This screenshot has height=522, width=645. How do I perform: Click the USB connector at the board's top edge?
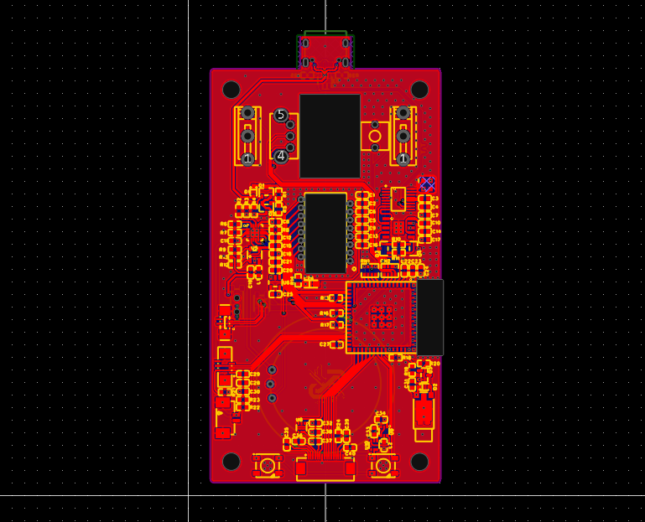[x=325, y=52]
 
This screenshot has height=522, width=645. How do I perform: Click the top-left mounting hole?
[x=231, y=90]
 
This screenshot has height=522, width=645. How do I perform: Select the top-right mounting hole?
[x=419, y=90]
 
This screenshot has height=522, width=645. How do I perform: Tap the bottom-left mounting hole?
[x=231, y=462]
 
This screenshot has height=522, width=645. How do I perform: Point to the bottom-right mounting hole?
[x=419, y=462]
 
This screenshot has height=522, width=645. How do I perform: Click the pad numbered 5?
[x=281, y=116]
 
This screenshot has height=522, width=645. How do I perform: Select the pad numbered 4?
[x=281, y=156]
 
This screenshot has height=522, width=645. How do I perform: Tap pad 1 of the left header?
[x=247, y=158]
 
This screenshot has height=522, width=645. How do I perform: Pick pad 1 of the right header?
[x=403, y=158]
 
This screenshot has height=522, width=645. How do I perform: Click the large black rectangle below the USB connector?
[x=330, y=136]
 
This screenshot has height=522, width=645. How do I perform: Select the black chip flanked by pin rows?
[x=325, y=232]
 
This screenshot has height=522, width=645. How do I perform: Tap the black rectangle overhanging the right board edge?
[x=430, y=318]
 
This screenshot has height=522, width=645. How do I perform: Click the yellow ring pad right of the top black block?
[x=375, y=136]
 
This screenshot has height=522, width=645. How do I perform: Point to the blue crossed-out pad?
[x=427, y=183]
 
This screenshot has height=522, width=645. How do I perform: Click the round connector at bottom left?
[x=268, y=466]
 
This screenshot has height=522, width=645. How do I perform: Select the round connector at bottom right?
[x=383, y=466]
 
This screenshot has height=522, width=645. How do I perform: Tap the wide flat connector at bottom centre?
[x=325, y=470]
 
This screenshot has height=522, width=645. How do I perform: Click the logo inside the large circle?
[x=322, y=385]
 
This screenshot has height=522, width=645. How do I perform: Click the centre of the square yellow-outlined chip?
[x=382, y=317]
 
